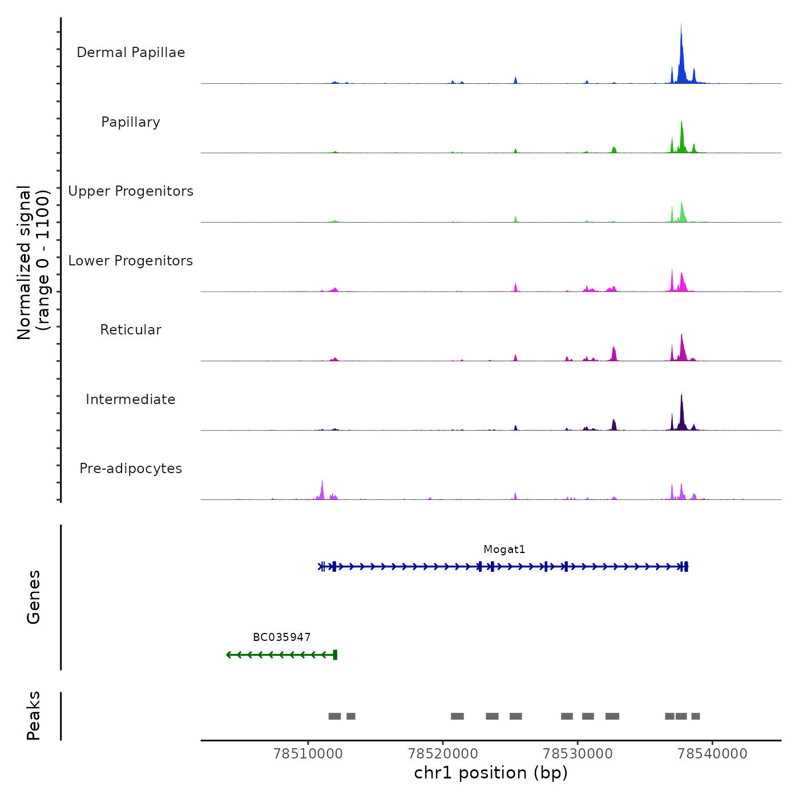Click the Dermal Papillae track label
click(131, 53)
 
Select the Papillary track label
click(131, 122)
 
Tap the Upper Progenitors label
click(131, 191)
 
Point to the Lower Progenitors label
click(131, 261)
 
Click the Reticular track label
click(131, 330)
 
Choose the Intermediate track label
click(131, 399)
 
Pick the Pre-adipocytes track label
click(131, 469)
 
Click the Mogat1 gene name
click(504, 550)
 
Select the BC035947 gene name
click(282, 637)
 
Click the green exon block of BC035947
click(335, 655)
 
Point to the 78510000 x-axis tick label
click(308, 754)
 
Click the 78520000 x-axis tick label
click(443, 754)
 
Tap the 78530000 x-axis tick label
click(578, 754)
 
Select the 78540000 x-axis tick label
click(712, 754)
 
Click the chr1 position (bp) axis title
click(491, 773)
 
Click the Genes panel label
click(34, 597)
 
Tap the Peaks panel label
click(34, 716)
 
